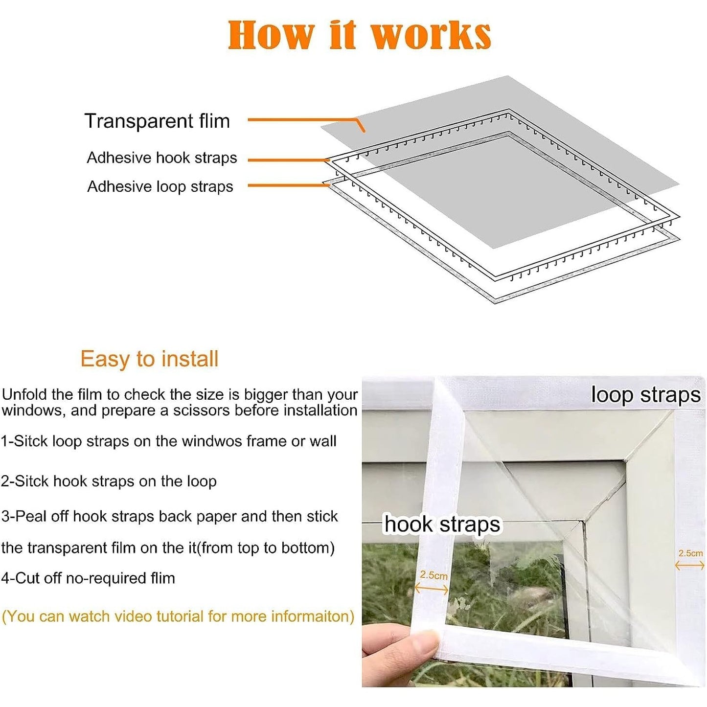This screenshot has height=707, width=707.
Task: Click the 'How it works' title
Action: (x=360, y=35)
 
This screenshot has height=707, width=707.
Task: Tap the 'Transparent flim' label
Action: (x=157, y=121)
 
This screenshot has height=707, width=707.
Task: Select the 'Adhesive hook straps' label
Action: (x=162, y=158)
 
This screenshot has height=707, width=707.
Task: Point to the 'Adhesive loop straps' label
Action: (x=160, y=187)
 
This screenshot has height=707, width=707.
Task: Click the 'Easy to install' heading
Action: (x=149, y=359)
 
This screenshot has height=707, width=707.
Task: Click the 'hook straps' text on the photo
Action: (x=442, y=525)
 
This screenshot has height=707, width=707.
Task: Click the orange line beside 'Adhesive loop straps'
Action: (x=289, y=185)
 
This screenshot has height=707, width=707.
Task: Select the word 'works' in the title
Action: (x=432, y=36)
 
